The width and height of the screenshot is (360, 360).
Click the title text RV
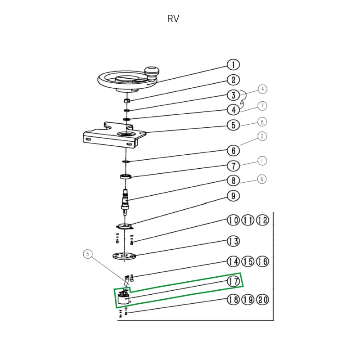pyautogui.click(x=173, y=19)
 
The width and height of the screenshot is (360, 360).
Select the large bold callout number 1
pyautogui.click(x=233, y=65)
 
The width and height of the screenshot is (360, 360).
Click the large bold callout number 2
pyautogui.click(x=233, y=80)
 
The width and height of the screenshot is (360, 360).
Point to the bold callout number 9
pyautogui.click(x=233, y=196)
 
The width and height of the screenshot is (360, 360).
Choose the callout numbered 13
pyautogui.click(x=233, y=242)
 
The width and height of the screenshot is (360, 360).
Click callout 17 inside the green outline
pyautogui.click(x=233, y=282)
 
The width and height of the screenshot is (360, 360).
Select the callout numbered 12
pyautogui.click(x=263, y=220)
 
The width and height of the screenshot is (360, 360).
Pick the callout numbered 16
pyautogui.click(x=263, y=261)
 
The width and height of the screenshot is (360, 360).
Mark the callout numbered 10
pyautogui.click(x=233, y=220)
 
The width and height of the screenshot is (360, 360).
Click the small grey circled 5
pyautogui.click(x=89, y=254)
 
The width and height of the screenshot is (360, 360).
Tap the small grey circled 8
pyautogui.click(x=262, y=121)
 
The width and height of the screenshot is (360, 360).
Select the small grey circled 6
pyautogui.click(x=262, y=179)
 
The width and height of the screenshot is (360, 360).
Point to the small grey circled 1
pyautogui.click(x=262, y=160)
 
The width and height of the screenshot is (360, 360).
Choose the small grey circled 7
pyautogui.click(x=262, y=106)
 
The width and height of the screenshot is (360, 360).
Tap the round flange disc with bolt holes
pyautogui.click(x=124, y=256)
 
